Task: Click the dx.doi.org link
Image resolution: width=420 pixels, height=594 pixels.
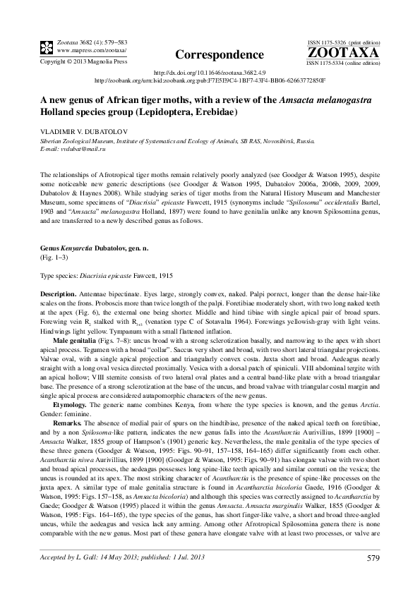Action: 210,72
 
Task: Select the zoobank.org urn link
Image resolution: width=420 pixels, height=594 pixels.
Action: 210,80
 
